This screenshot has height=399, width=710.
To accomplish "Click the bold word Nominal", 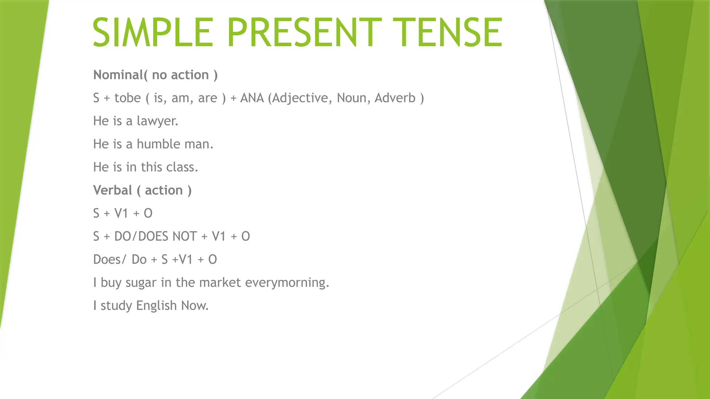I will click(x=118, y=75).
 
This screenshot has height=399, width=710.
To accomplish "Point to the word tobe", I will click(x=128, y=98).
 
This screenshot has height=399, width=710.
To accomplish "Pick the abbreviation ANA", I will click(x=252, y=98).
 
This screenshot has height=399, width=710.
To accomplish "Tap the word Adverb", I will click(x=395, y=98).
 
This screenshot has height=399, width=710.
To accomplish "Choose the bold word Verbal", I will click(x=113, y=190).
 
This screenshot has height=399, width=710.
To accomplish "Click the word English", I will click(x=156, y=305).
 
